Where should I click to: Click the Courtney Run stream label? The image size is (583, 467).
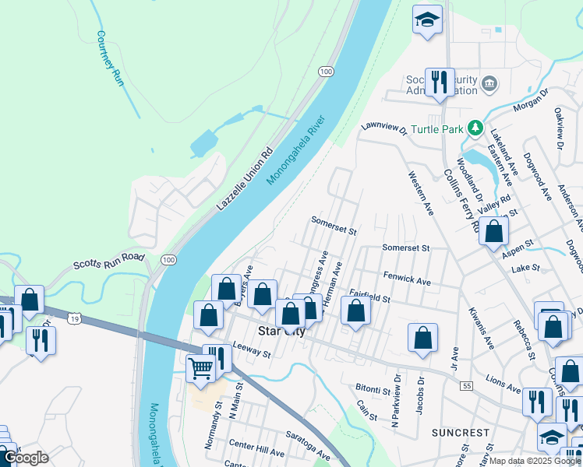coord(111,58)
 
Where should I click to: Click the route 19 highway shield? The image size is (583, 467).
coord(74,318)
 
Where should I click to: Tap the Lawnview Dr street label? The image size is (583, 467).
coord(384,128)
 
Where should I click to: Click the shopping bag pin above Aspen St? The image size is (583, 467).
coord(493,231)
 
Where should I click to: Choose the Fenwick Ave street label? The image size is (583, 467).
coord(407,277)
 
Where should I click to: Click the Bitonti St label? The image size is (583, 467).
coord(373,389)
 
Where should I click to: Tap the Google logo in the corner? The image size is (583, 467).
coord(26,458)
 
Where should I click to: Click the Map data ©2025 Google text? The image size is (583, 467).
coord(535,461)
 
